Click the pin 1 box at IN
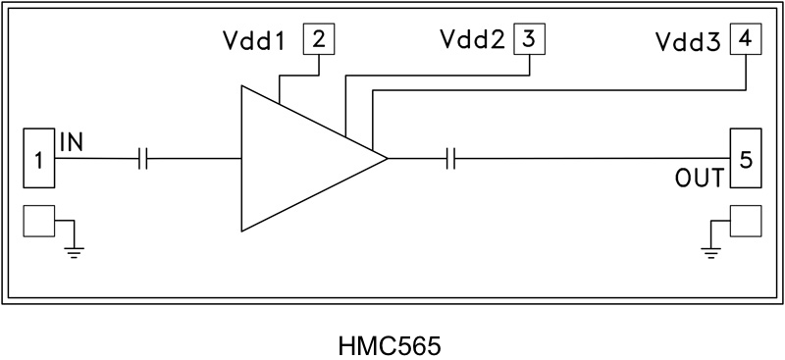click(x=38, y=158)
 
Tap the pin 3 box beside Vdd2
click(x=529, y=40)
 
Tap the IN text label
click(x=71, y=141)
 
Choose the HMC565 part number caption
click(x=390, y=346)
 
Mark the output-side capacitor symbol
click(x=450, y=158)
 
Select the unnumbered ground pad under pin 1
click(x=38, y=222)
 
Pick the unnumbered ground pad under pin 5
click(x=745, y=222)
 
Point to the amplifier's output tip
click(x=387, y=158)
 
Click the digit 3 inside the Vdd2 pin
click(x=529, y=40)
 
